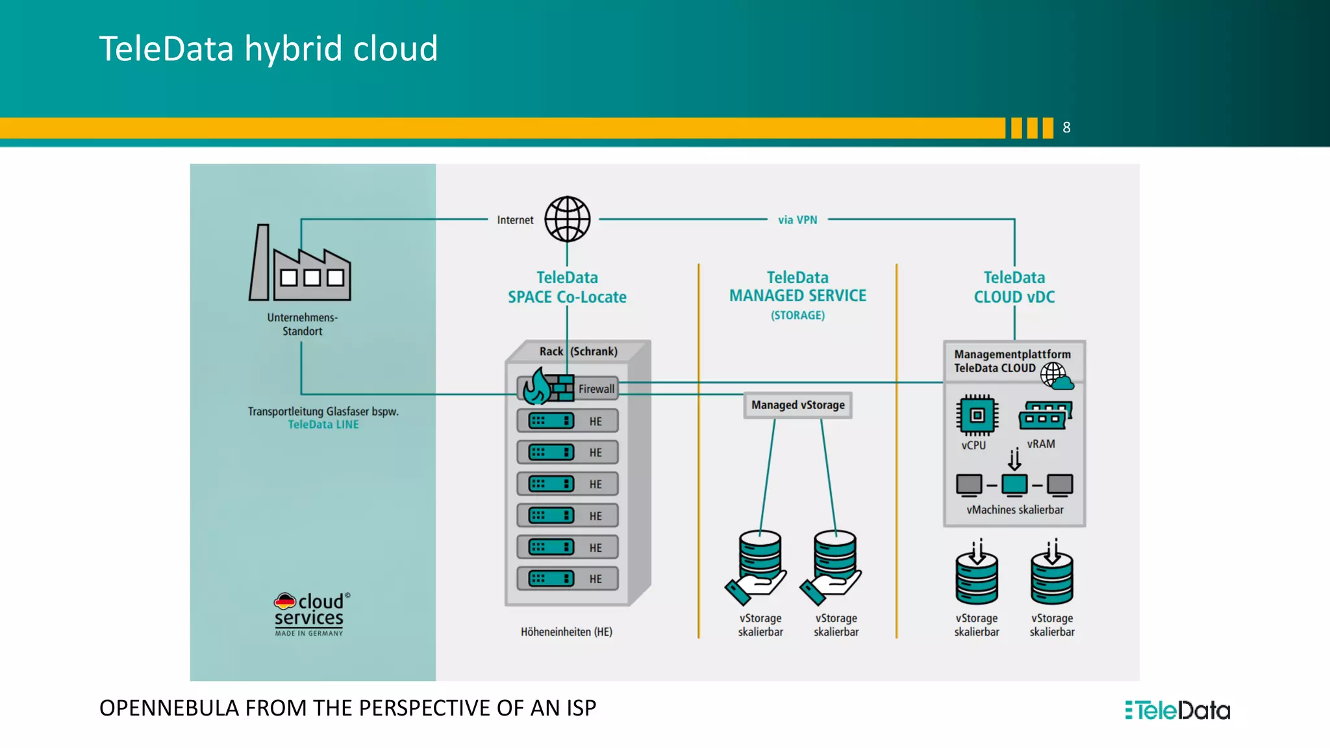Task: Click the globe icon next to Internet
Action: (x=567, y=219)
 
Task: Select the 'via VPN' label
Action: (x=797, y=220)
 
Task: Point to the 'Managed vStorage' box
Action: (x=797, y=405)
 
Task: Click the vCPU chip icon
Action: (x=976, y=416)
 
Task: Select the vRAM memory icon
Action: (x=1044, y=416)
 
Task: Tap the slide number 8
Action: (x=1066, y=128)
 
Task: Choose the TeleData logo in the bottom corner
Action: (x=1177, y=710)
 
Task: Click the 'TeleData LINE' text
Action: (x=323, y=425)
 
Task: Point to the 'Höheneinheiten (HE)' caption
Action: (x=566, y=632)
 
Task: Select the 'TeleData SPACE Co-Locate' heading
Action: (x=567, y=287)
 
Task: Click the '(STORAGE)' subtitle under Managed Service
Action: (x=797, y=316)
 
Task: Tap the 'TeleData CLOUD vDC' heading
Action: (x=1014, y=287)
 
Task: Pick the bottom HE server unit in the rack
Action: (x=567, y=579)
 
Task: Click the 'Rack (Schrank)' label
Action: (x=578, y=351)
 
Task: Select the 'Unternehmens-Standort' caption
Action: (x=302, y=324)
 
